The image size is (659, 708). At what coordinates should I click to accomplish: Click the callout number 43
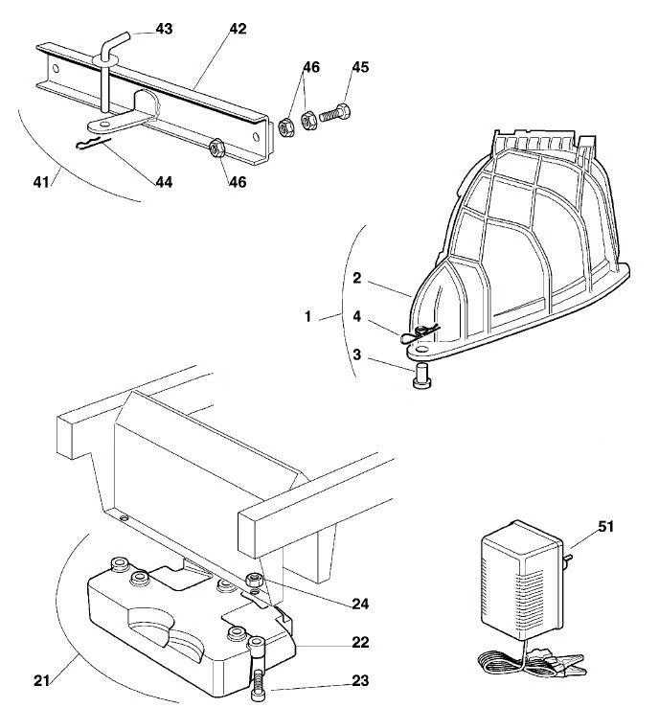pyautogui.click(x=164, y=29)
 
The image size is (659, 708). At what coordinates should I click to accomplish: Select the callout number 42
pyautogui.click(x=238, y=29)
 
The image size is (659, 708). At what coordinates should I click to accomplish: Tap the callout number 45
pyautogui.click(x=360, y=67)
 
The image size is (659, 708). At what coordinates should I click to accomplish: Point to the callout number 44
pyautogui.click(x=164, y=182)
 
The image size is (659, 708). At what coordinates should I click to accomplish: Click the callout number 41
pyautogui.click(x=41, y=182)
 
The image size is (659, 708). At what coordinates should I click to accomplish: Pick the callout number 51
pyautogui.click(x=605, y=527)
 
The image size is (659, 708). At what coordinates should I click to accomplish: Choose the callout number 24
pyautogui.click(x=360, y=604)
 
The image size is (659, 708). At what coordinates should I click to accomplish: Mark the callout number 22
pyautogui.click(x=360, y=642)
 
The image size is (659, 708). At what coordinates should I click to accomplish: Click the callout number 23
pyautogui.click(x=360, y=680)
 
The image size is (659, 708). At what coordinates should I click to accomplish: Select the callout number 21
pyautogui.click(x=41, y=680)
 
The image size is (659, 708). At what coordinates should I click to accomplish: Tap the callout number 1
pyautogui.click(x=307, y=316)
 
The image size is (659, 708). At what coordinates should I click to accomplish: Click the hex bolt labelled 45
pyautogui.click(x=335, y=113)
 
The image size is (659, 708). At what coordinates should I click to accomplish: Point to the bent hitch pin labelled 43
pyautogui.click(x=107, y=68)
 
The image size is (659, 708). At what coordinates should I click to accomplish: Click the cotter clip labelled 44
pyautogui.click(x=94, y=143)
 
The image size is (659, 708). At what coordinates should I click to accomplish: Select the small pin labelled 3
pyautogui.click(x=422, y=377)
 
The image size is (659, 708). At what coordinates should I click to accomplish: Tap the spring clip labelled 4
pyautogui.click(x=419, y=333)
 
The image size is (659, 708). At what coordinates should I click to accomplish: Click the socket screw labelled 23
pyautogui.click(x=258, y=668)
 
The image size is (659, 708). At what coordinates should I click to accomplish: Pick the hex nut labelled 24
pyautogui.click(x=253, y=579)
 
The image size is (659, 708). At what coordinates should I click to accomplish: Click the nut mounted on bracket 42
pyautogui.click(x=217, y=148)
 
